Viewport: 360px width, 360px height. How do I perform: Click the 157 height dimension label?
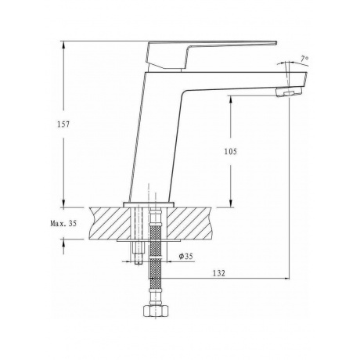63,124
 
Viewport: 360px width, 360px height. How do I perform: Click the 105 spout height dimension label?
231,151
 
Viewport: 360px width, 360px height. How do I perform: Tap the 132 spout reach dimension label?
219,273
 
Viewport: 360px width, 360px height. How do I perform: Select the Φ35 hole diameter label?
185,256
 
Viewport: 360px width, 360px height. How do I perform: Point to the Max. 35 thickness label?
63,223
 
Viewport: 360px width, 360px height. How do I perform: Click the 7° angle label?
304,59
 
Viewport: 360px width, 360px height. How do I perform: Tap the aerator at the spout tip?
289,92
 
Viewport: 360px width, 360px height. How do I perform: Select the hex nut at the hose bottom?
156,311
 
